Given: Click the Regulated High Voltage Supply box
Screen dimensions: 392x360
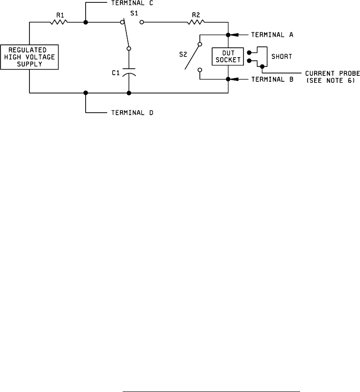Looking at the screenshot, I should pos(29,57).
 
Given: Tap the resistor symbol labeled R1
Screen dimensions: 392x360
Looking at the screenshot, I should pos(60,22).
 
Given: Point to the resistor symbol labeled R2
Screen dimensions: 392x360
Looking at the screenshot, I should pos(197,22).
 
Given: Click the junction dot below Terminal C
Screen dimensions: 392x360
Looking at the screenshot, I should pos(86,22).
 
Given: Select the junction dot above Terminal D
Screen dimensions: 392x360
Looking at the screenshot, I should pos(86,93).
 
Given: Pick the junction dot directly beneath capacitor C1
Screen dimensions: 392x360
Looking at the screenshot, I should pos(129,93).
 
